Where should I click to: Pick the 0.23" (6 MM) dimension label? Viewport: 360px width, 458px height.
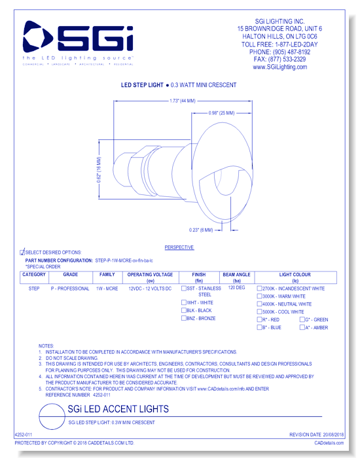200,229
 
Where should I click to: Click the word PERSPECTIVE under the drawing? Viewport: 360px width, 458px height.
179,247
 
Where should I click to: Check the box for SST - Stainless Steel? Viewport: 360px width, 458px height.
184,289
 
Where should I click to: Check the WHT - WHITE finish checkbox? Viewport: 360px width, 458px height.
184,303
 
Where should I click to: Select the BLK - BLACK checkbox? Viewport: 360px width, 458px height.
184,311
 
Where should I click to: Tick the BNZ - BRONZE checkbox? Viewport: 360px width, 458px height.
184,319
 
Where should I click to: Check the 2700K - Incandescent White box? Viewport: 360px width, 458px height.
260,289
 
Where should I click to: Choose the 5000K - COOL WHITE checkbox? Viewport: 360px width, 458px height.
260,312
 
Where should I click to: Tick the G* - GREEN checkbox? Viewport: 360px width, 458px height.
302,319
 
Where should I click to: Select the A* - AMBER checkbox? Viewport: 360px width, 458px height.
302,327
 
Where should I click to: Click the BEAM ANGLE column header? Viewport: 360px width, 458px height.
236,277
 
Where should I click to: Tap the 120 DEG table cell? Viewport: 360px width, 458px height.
236,288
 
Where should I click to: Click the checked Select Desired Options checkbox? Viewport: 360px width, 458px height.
23,252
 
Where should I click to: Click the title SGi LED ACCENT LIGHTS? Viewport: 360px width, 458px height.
118,409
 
